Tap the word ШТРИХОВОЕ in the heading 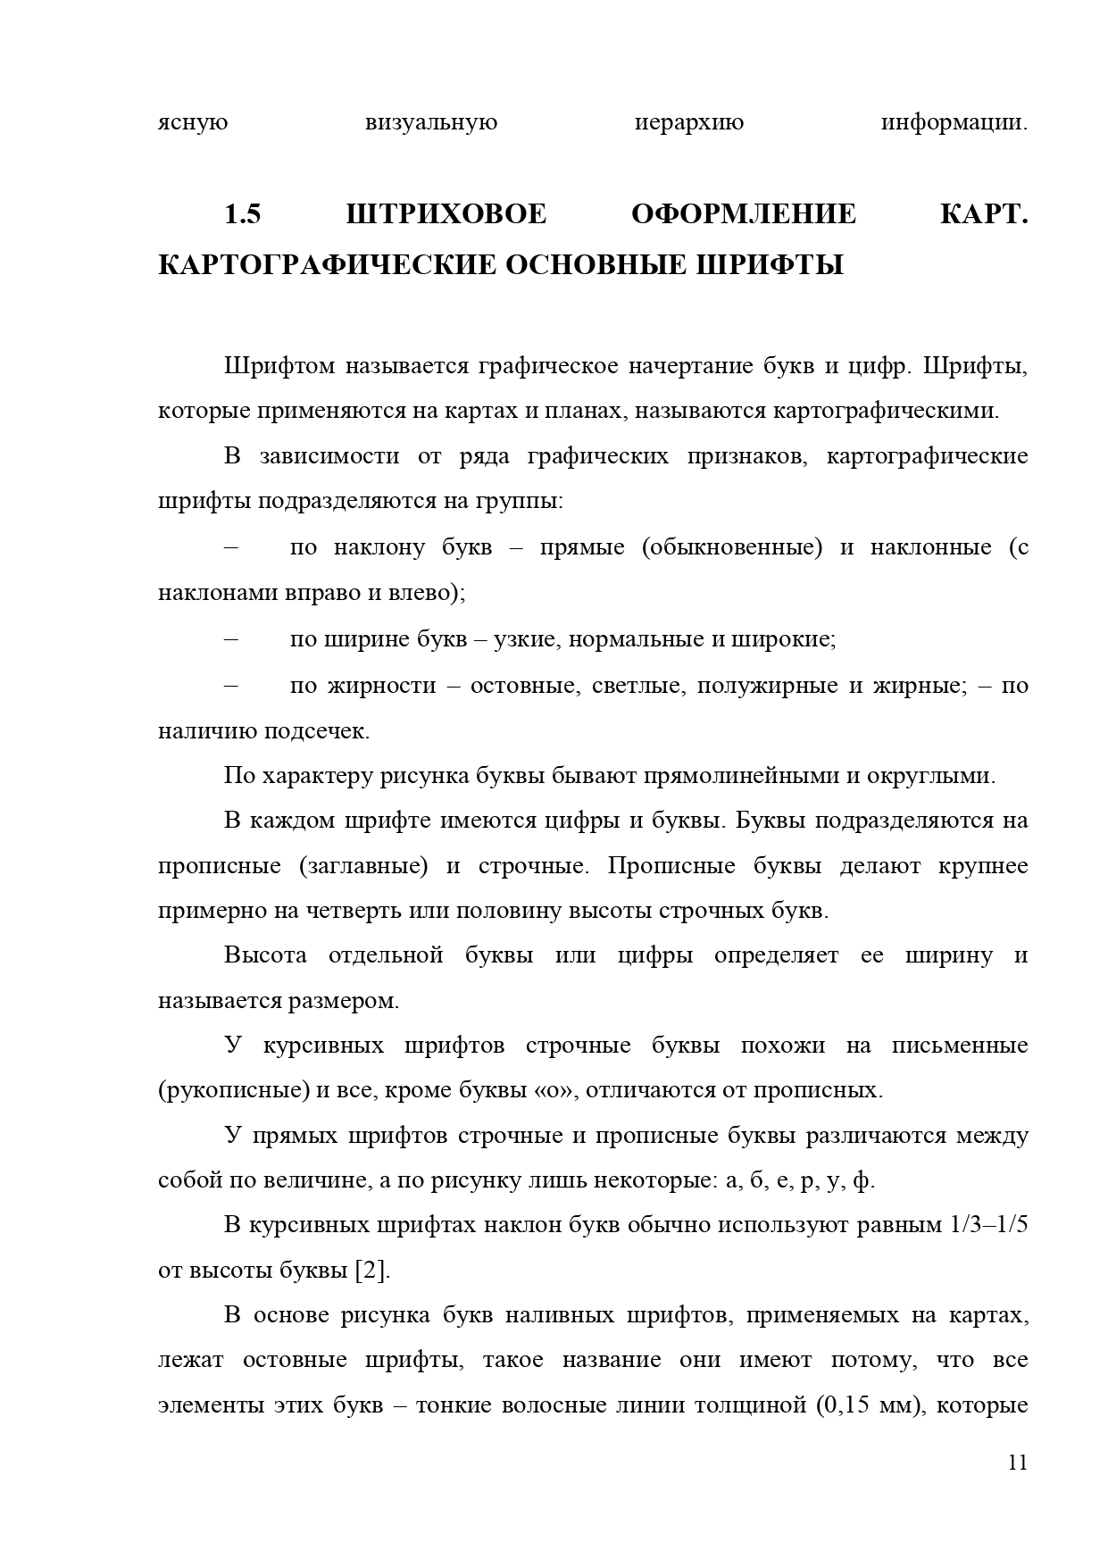coord(446,215)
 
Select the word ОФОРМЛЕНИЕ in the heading coord(743,215)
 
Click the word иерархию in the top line coord(688,122)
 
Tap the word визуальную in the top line coord(431,122)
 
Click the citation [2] coord(373,1271)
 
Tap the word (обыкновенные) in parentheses coord(731,547)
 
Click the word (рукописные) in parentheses coord(233,1090)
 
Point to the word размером coord(343,1000)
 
